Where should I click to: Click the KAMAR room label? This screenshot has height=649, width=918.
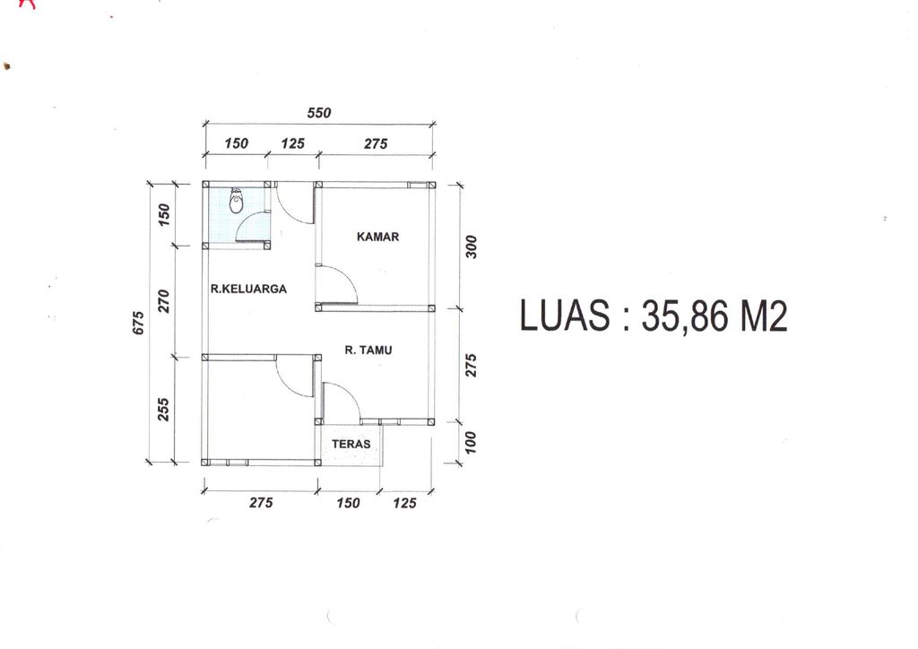coord(377,237)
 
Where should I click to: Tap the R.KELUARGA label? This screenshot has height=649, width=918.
coord(249,289)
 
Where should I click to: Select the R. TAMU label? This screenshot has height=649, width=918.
coord(368,350)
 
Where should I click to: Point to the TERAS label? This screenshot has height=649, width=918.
coord(351,445)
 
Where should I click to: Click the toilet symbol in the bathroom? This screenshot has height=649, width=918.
coord(236,201)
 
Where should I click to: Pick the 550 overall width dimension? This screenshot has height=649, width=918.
coord(319,113)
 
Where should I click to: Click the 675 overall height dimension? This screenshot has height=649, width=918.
coord(139,323)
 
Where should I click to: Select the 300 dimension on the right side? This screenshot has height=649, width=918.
coord(472,247)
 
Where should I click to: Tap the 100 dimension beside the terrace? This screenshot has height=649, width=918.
coord(471,443)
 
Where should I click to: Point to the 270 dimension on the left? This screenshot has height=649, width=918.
coord(164,301)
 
